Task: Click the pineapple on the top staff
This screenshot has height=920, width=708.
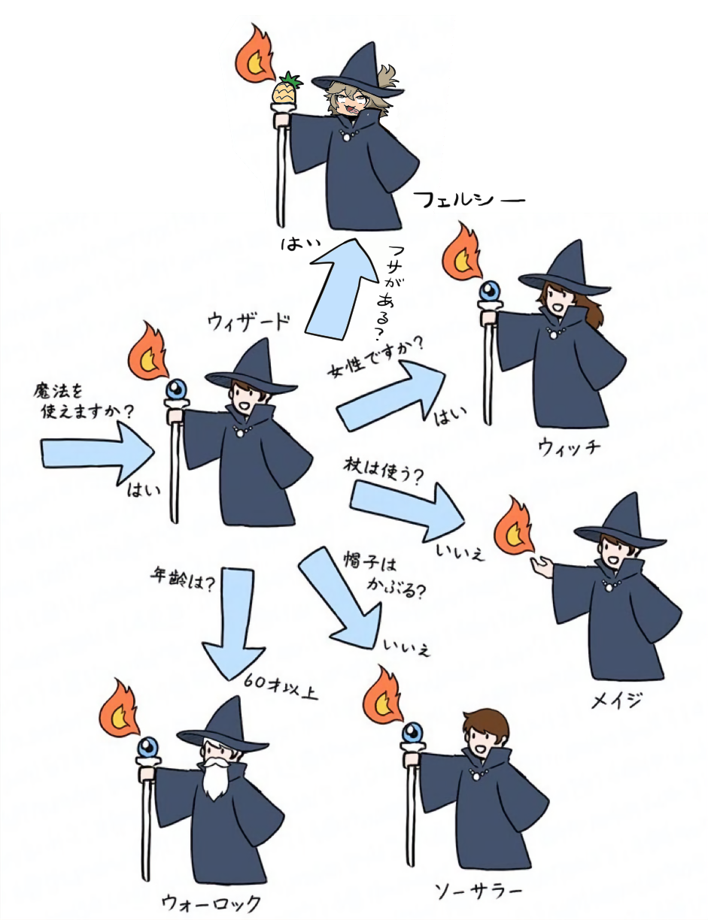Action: (x=286, y=92)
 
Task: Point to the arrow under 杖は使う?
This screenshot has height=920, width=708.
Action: (x=407, y=505)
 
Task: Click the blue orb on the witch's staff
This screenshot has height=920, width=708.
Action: (x=491, y=290)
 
